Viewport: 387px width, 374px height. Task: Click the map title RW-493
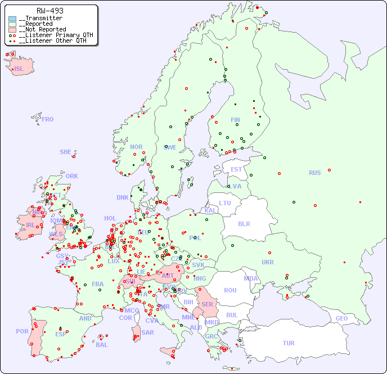(x=49, y=11)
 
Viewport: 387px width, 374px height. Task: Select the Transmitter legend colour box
(x=12, y=19)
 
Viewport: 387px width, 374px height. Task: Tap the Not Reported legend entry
(x=42, y=29)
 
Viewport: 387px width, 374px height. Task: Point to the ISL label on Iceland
(x=19, y=69)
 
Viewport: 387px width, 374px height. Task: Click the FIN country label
(x=235, y=120)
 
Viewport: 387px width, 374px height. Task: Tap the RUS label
(x=314, y=173)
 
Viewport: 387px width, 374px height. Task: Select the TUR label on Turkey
(x=289, y=343)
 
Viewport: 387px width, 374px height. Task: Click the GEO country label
(x=341, y=318)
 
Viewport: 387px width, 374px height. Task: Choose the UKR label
(x=268, y=262)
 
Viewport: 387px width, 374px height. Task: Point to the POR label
(x=22, y=331)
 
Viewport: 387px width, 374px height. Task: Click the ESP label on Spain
(x=61, y=334)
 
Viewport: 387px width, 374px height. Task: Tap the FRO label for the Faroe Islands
(x=47, y=119)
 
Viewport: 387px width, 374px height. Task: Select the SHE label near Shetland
(x=66, y=152)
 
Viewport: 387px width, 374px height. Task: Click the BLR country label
(x=244, y=223)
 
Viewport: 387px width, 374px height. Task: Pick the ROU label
(x=230, y=290)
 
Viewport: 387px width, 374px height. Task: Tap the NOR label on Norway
(x=136, y=147)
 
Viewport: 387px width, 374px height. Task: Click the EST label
(x=236, y=169)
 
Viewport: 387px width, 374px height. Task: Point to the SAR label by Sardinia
(x=147, y=332)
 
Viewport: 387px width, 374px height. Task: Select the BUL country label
(x=232, y=315)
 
